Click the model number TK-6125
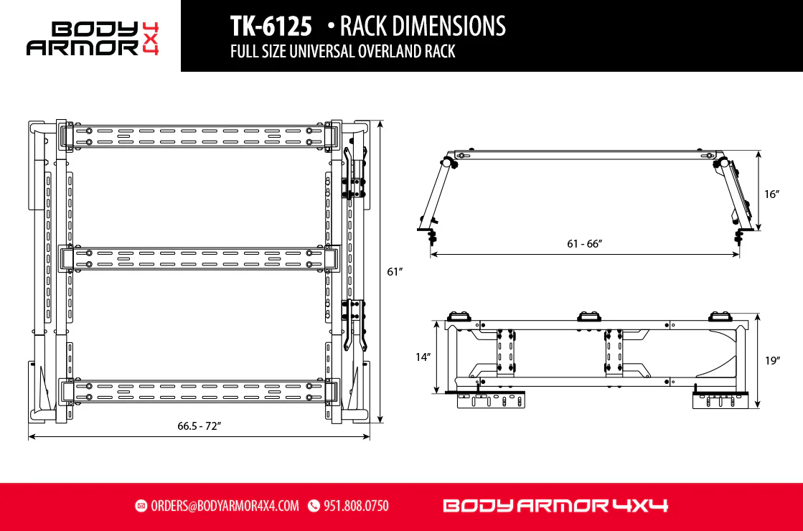click(271, 26)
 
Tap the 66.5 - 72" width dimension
click(199, 426)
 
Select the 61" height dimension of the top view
click(395, 271)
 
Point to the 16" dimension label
click(771, 194)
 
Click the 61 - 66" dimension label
click(584, 244)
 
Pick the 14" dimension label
click(423, 357)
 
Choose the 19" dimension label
click(772, 360)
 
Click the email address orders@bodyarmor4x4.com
click(225, 506)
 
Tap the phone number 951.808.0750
click(356, 506)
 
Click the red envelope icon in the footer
click(141, 506)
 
